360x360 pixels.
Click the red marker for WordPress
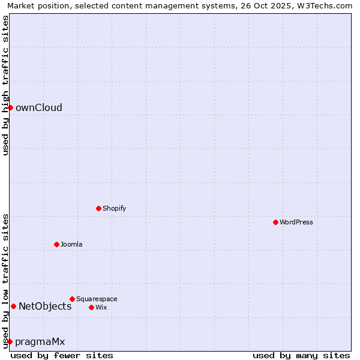tap(275, 222)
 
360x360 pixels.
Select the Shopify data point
tap(98, 208)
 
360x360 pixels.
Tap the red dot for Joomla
tap(56, 244)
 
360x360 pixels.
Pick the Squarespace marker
tap(72, 299)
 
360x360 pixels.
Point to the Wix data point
tap(91, 307)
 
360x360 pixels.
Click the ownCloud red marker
tap(10, 107)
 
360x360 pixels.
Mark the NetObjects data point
tap(13, 306)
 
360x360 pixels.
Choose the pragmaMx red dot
tap(10, 341)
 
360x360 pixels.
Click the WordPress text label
tap(296, 222)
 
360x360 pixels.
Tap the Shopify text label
tap(114, 208)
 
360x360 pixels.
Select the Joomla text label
tap(71, 244)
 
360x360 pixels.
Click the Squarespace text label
tap(97, 299)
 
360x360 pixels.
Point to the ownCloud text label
tap(39, 107)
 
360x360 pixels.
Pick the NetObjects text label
tap(45, 306)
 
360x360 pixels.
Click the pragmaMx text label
tap(40, 341)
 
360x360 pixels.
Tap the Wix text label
tap(101, 307)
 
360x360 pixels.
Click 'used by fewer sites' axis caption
tap(62, 355)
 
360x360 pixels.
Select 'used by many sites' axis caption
tap(301, 355)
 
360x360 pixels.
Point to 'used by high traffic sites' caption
tap(5, 85)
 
